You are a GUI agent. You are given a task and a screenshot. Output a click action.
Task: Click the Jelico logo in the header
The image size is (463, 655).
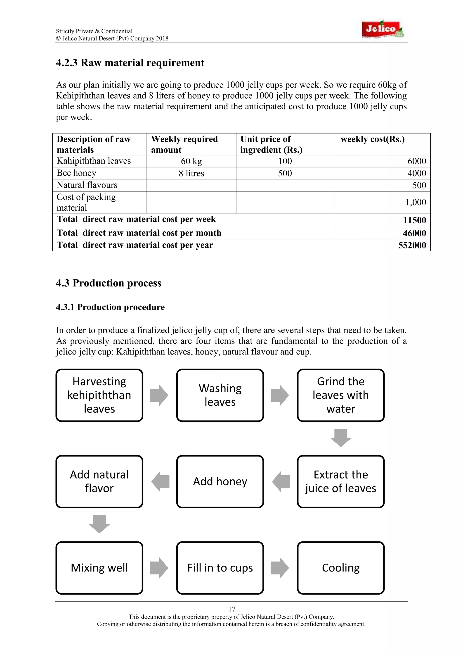(x=383, y=29)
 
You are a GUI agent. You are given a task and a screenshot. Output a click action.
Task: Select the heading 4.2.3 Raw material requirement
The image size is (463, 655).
(x=130, y=63)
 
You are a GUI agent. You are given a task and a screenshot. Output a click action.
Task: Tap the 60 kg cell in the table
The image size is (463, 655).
(x=191, y=161)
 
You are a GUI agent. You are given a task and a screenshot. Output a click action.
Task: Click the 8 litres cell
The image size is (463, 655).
(x=191, y=173)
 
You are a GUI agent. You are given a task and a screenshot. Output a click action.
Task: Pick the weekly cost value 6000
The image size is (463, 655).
(x=416, y=161)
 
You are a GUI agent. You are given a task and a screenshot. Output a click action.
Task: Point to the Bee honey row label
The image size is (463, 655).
(x=76, y=173)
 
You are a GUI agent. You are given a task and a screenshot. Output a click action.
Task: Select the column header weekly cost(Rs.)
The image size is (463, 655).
(x=372, y=139)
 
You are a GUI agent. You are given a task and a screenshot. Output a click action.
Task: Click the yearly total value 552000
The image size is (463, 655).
(x=412, y=245)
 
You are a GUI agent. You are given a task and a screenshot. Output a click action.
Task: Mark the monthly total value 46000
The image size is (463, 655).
(x=414, y=233)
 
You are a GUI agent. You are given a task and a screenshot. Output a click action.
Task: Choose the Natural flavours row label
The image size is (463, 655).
(x=87, y=185)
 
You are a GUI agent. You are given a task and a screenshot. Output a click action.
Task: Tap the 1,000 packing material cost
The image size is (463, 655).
(x=416, y=202)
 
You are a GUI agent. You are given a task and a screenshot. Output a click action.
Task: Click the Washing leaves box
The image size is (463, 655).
(x=220, y=395)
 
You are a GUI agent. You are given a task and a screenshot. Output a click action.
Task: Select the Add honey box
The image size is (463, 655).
(x=220, y=481)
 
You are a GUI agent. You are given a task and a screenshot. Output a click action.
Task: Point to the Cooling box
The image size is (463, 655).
(x=341, y=568)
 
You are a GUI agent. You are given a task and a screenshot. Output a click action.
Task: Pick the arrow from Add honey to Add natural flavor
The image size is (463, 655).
(x=160, y=481)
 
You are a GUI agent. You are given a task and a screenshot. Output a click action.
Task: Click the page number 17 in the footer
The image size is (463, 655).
(x=232, y=609)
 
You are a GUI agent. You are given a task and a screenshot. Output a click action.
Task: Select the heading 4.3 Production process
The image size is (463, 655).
(x=109, y=283)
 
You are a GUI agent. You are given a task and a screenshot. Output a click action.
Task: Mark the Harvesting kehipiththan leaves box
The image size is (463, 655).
(x=99, y=395)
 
